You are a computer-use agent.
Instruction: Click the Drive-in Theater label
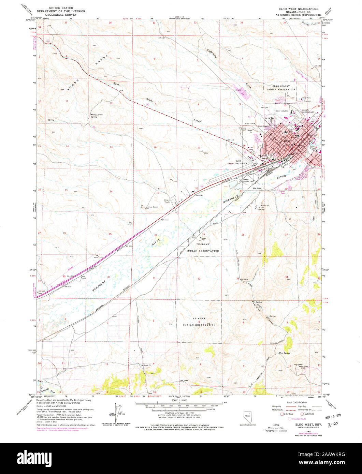(167, 201)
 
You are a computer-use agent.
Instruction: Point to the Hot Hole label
(256, 188)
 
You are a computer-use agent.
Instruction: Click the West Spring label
(284, 353)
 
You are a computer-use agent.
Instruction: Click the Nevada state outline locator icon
(248, 416)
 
